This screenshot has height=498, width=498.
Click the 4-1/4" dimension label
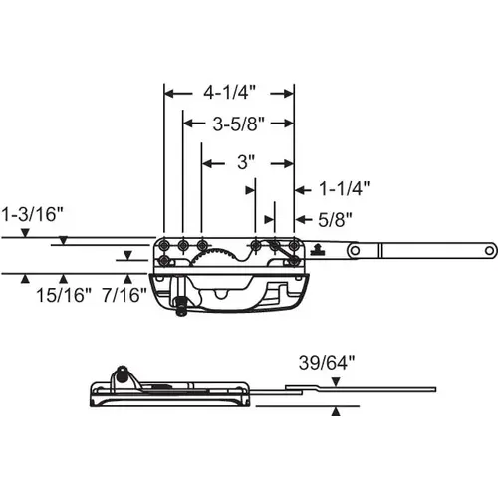(230, 93)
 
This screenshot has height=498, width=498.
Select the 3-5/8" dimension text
(238, 125)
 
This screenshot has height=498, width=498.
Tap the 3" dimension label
(247, 159)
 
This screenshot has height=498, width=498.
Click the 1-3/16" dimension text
(33, 212)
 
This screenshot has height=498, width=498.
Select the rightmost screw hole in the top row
(294, 245)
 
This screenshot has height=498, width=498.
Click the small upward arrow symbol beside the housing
(316, 249)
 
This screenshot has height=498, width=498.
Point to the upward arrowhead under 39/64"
(336, 409)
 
